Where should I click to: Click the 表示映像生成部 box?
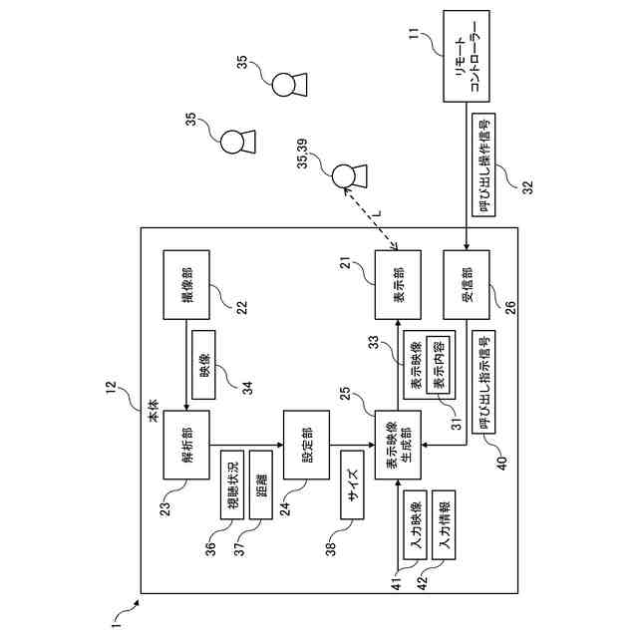pos(398,445)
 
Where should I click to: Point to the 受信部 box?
pos(468,284)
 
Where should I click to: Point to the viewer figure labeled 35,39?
pos(344,176)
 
